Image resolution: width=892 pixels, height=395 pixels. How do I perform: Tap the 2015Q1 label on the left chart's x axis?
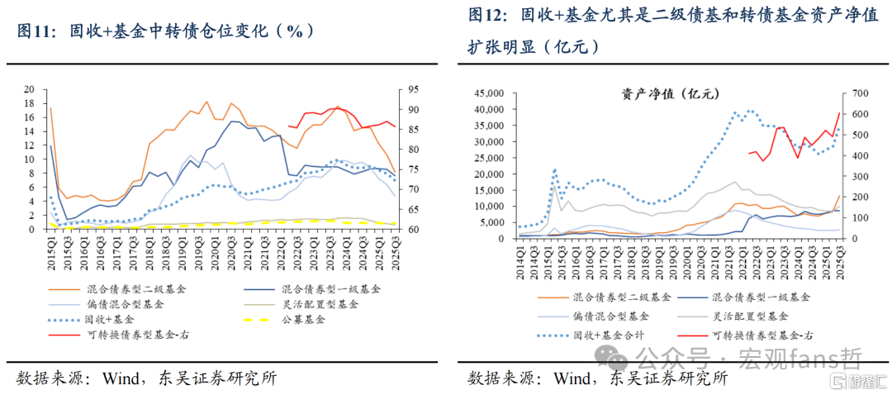point(50,247)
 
